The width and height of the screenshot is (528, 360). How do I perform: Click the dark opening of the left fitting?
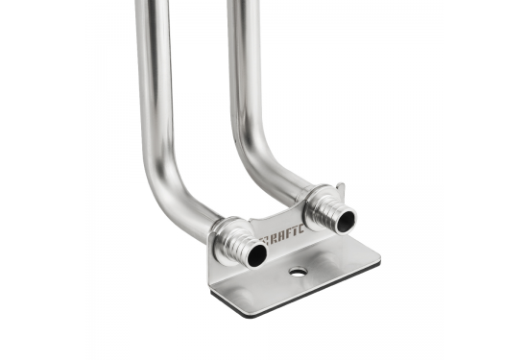[256, 255]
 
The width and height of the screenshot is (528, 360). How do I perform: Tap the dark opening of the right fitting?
[346, 220]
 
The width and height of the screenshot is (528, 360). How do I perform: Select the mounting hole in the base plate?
[298, 273]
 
